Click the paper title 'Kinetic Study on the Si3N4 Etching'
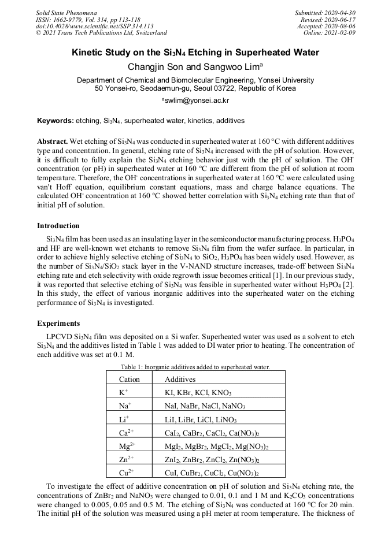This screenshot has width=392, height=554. pos(195,53)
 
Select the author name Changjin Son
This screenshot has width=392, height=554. pos(153,67)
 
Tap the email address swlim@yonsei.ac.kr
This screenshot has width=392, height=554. pos(197,101)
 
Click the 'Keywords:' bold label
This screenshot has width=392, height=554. pos(56,121)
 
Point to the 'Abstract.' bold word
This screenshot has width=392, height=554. pos(53,142)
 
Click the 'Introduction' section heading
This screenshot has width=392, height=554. pos(58,225)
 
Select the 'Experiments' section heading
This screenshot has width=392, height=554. pos(58,323)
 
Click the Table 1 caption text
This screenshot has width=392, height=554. pos(195,367)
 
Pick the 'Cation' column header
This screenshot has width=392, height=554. pos(129,380)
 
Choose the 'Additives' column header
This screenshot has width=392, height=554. pos(180,380)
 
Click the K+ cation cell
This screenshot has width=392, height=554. pos(124,393)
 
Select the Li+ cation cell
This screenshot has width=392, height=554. pos(124,419)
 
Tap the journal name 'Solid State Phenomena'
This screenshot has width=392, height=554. pos(66,13)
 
